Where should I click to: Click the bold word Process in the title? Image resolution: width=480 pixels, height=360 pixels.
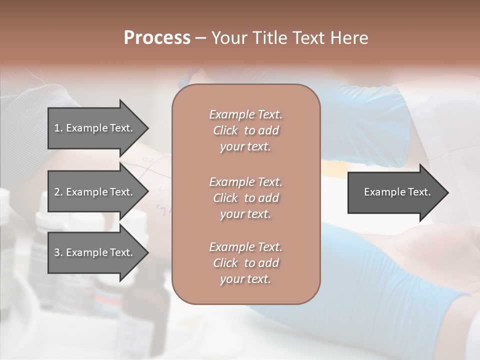[157, 38]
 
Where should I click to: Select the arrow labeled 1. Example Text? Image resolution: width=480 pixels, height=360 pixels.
[95, 128]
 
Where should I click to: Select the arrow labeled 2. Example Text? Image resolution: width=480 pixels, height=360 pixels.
[95, 192]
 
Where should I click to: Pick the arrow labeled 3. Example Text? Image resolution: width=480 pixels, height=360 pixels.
[95, 252]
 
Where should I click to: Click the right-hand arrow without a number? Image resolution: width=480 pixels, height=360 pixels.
[395, 192]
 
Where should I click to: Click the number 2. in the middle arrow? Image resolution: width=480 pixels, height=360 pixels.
[58, 192]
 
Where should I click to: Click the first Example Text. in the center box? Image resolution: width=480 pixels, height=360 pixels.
[245, 115]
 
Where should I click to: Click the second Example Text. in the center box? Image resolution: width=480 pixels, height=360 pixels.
[245, 182]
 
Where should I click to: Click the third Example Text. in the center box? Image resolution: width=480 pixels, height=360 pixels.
[245, 247]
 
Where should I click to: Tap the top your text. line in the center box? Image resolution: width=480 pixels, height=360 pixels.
[245, 147]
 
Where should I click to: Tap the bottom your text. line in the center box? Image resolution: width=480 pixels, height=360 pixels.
[245, 279]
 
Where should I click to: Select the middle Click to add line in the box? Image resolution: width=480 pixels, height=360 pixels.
[245, 198]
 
